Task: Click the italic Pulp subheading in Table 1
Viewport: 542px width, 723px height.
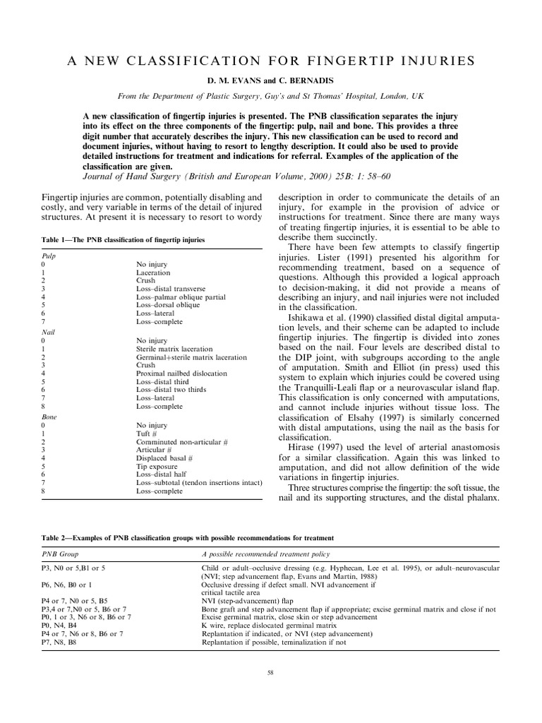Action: tap(48, 257)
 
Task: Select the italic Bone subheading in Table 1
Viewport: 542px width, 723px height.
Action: tap(48, 418)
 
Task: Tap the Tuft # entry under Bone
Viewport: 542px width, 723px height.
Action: tap(146, 434)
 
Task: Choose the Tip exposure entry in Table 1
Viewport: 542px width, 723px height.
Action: tap(155, 467)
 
